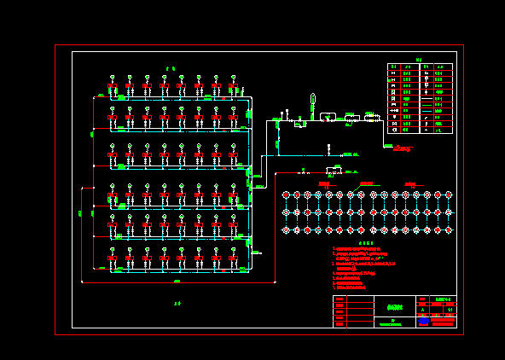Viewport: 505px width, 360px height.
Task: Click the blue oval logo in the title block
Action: pyautogui.click(x=423, y=322)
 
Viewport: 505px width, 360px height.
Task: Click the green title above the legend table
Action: pyautogui.click(x=419, y=60)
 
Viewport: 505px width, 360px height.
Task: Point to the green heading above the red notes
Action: pyautogui.click(x=366, y=243)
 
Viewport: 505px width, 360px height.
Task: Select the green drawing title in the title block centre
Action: pyautogui.click(x=393, y=308)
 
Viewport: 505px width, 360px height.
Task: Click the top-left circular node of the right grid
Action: pyautogui.click(x=286, y=195)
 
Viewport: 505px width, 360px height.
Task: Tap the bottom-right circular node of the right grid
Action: pyautogui.click(x=448, y=230)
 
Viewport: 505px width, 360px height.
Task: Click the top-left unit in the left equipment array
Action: pyautogui.click(x=113, y=84)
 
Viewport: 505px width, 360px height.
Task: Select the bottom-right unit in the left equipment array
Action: pyautogui.click(x=233, y=256)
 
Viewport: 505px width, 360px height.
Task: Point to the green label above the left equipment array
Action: pyautogui.click(x=171, y=68)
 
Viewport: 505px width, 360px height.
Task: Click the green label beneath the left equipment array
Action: pyautogui.click(x=177, y=303)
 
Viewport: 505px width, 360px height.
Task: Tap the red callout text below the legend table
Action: pyautogui.click(x=403, y=149)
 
